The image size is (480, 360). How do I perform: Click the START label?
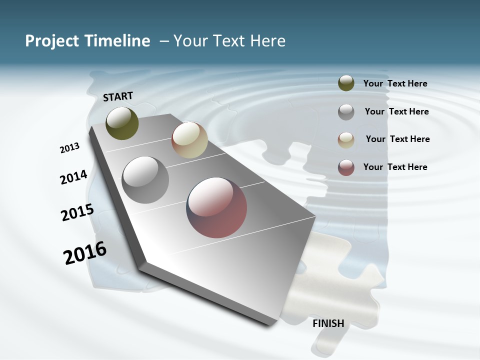tap(118, 96)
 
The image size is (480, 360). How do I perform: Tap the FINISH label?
tap(328, 323)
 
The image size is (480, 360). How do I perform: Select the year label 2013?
tap(70, 148)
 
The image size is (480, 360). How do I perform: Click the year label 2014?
tap(73, 177)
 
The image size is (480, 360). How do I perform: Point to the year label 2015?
tap(77, 212)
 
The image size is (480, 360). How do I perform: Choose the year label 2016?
tap(85, 253)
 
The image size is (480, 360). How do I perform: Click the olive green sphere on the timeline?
tap(122, 123)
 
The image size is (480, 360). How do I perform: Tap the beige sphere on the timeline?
tap(189, 140)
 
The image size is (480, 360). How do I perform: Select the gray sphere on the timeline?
tap(145, 180)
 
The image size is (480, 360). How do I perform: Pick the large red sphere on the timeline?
tap(216, 207)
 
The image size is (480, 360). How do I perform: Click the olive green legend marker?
tap(346, 83)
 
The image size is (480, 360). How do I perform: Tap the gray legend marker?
tap(346, 111)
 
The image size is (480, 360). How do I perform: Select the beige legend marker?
tap(346, 139)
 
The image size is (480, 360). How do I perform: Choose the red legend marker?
tap(346, 167)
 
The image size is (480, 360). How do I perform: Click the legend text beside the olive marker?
tap(395, 84)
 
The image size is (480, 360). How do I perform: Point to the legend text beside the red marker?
tap(395, 167)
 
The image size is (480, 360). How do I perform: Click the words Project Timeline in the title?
tap(87, 41)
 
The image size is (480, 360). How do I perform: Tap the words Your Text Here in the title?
tap(229, 41)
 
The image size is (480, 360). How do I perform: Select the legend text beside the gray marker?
tap(396, 111)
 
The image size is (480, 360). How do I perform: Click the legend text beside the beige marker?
tap(397, 139)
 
